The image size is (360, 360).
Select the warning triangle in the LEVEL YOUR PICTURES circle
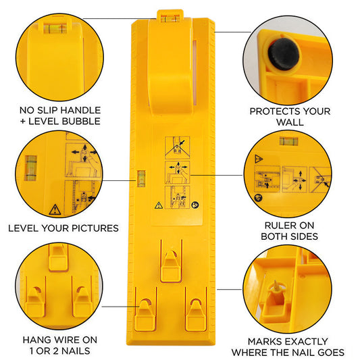point(54,208)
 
